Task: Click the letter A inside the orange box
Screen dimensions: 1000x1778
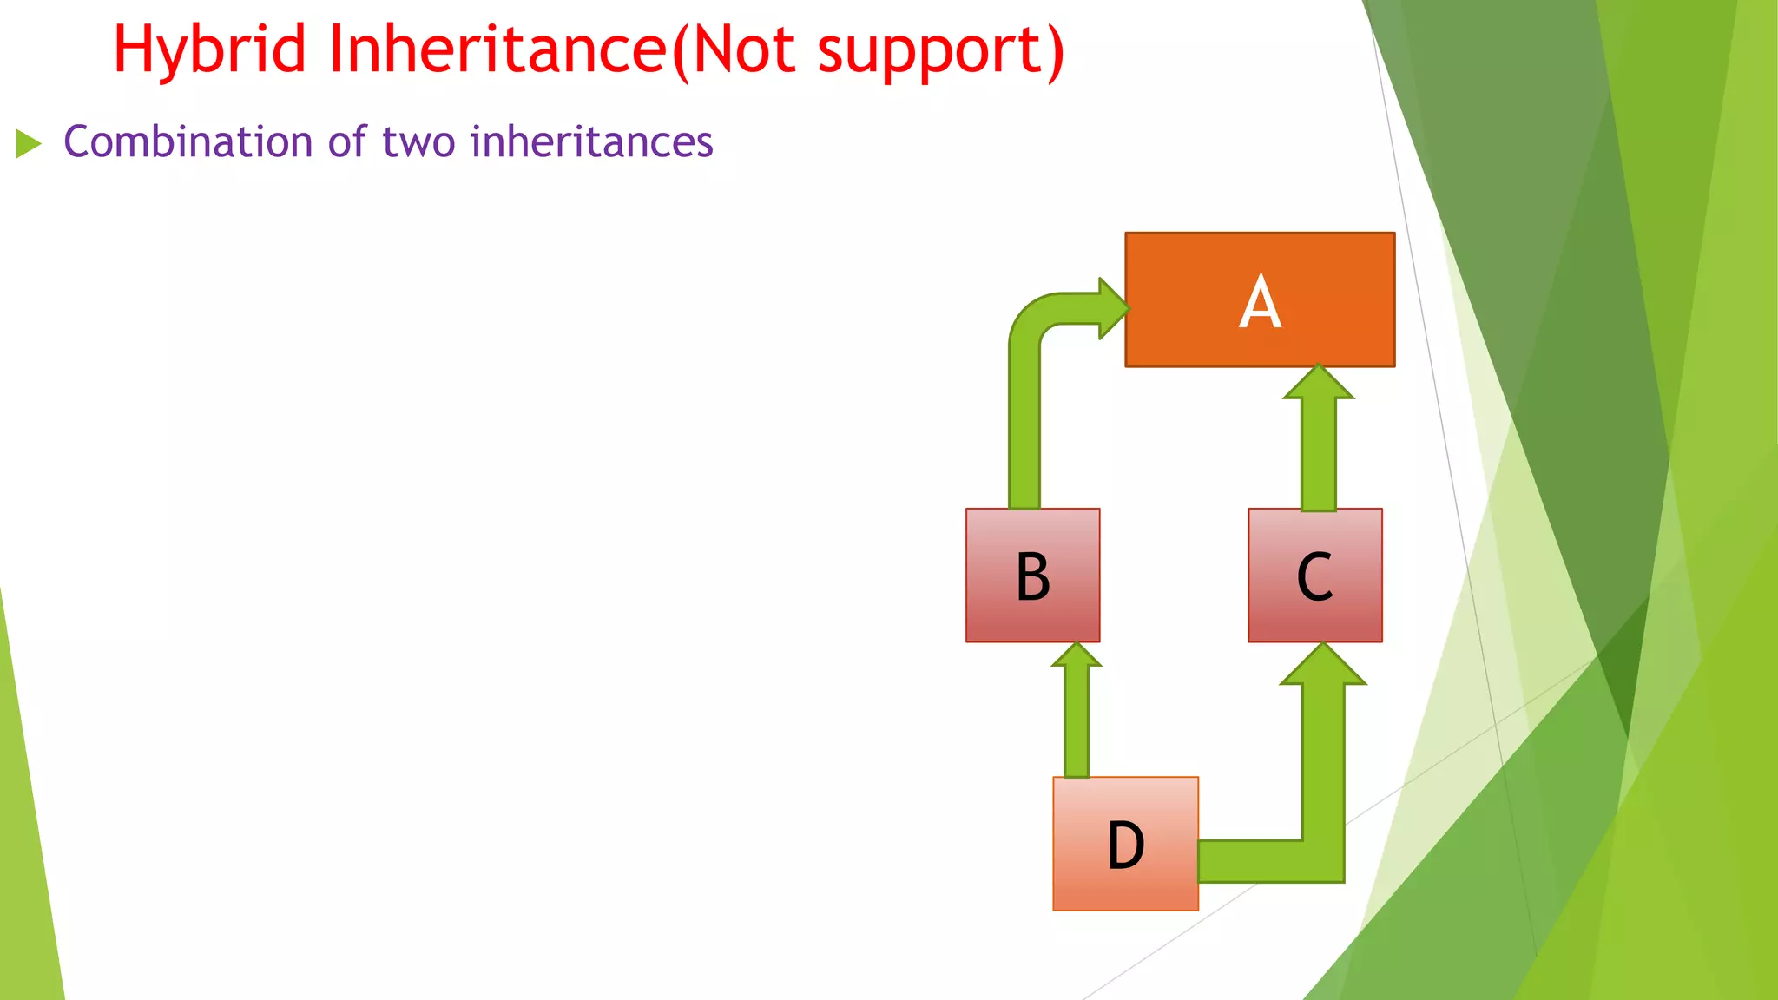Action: [1260, 302]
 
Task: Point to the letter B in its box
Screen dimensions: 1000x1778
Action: [1033, 576]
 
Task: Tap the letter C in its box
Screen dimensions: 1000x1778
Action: [1314, 576]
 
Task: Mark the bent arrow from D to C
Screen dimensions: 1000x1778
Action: [1323, 781]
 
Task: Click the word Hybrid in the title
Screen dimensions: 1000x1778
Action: [209, 50]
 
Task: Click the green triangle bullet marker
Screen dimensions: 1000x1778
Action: [28, 143]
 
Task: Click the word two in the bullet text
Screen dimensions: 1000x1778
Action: [418, 141]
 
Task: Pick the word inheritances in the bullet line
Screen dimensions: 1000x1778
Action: [591, 141]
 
